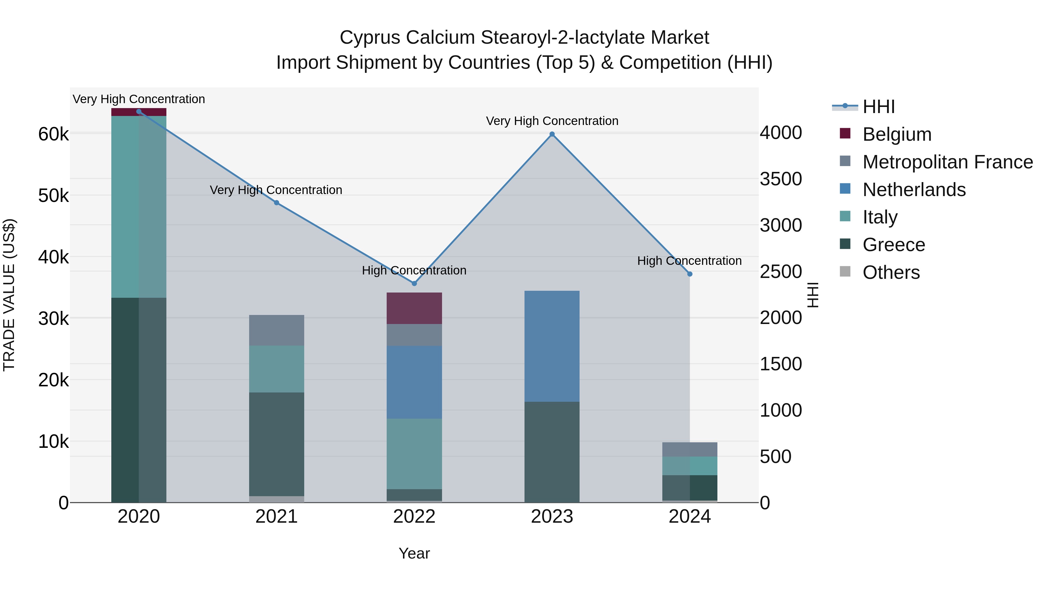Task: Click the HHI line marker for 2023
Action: pyautogui.click(x=552, y=134)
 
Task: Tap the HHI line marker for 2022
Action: pyautogui.click(x=414, y=283)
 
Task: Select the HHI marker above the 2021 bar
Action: pyautogui.click(x=277, y=203)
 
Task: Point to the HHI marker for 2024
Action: pyautogui.click(x=690, y=274)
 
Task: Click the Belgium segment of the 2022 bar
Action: pyautogui.click(x=414, y=308)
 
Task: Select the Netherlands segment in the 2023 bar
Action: pyautogui.click(x=552, y=346)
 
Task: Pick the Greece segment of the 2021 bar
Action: pyautogui.click(x=277, y=444)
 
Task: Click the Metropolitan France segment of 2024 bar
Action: pyautogui.click(x=690, y=449)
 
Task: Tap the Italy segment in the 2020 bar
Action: pyautogui.click(x=138, y=207)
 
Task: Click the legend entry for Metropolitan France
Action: pyautogui.click(x=947, y=162)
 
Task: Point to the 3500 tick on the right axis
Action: pyautogui.click(x=781, y=179)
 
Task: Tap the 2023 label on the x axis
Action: pyautogui.click(x=552, y=517)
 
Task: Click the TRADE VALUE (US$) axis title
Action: pyautogui.click(x=9, y=295)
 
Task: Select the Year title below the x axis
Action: pyautogui.click(x=414, y=553)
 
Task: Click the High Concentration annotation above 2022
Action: pyautogui.click(x=414, y=270)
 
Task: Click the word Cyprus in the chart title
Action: pyautogui.click(x=370, y=38)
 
